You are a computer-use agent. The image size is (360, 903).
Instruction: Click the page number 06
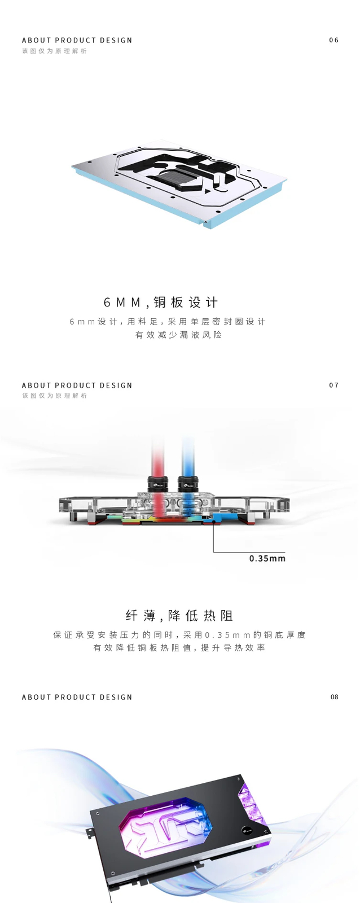[333, 40]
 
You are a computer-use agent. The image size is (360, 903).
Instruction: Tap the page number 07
[333, 385]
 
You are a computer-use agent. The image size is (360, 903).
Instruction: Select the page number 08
[334, 697]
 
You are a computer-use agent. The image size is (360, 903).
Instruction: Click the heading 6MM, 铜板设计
[161, 303]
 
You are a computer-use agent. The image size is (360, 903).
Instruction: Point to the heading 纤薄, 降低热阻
[179, 616]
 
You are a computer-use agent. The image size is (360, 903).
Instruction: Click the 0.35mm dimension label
[267, 559]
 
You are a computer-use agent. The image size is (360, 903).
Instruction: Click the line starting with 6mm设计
[168, 322]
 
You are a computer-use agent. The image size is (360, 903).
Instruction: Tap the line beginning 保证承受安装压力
[179, 635]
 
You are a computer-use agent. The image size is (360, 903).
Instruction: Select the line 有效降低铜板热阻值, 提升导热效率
[179, 648]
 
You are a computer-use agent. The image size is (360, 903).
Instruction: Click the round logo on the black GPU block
[247, 830]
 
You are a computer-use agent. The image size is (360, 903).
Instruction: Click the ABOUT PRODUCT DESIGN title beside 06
[77, 41]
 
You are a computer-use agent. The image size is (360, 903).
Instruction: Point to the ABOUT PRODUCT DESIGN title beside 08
[77, 698]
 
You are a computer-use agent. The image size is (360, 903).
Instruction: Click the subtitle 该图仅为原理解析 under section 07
[55, 396]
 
